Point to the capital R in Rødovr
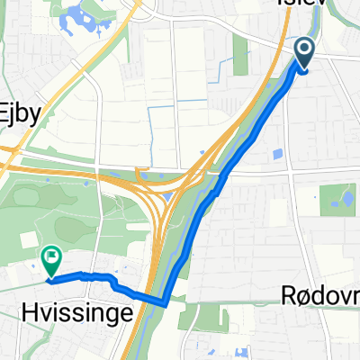[x=295, y=295]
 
